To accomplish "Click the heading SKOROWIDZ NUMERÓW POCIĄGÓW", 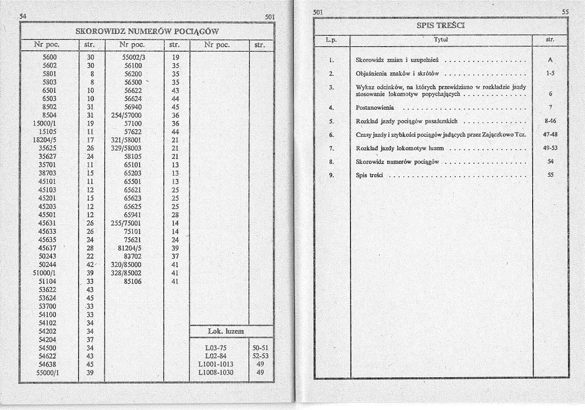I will tap(147, 31).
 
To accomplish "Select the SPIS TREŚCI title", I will tap(441, 26).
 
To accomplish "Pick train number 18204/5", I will tap(46, 140).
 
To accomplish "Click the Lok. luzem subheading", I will tap(226, 332).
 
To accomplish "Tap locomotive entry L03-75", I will tap(219, 348).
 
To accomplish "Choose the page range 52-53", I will tap(261, 356).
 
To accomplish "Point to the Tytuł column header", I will tap(441, 39).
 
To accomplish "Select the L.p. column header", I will tap(331, 39).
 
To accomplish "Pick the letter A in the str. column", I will tap(550, 60).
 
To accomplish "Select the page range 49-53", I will tap(550, 149).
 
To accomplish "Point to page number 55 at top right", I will tap(565, 12).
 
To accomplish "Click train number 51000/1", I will tap(46, 273).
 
